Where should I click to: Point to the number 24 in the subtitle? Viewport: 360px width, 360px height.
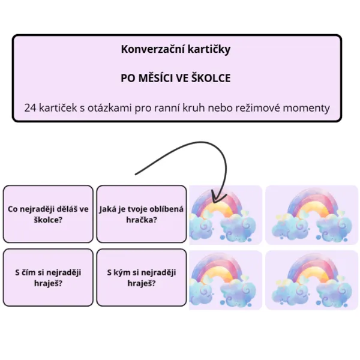tap(30, 108)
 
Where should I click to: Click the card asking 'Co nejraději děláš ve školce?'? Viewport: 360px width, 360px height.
tap(48, 214)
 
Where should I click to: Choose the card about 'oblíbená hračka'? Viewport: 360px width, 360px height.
tap(142, 214)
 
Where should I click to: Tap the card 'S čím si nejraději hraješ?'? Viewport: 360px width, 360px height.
tap(48, 277)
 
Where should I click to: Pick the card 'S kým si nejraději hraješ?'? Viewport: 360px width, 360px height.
tap(142, 277)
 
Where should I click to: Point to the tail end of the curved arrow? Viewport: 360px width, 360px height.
tap(136, 174)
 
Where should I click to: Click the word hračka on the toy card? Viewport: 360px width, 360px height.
tap(142, 220)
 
